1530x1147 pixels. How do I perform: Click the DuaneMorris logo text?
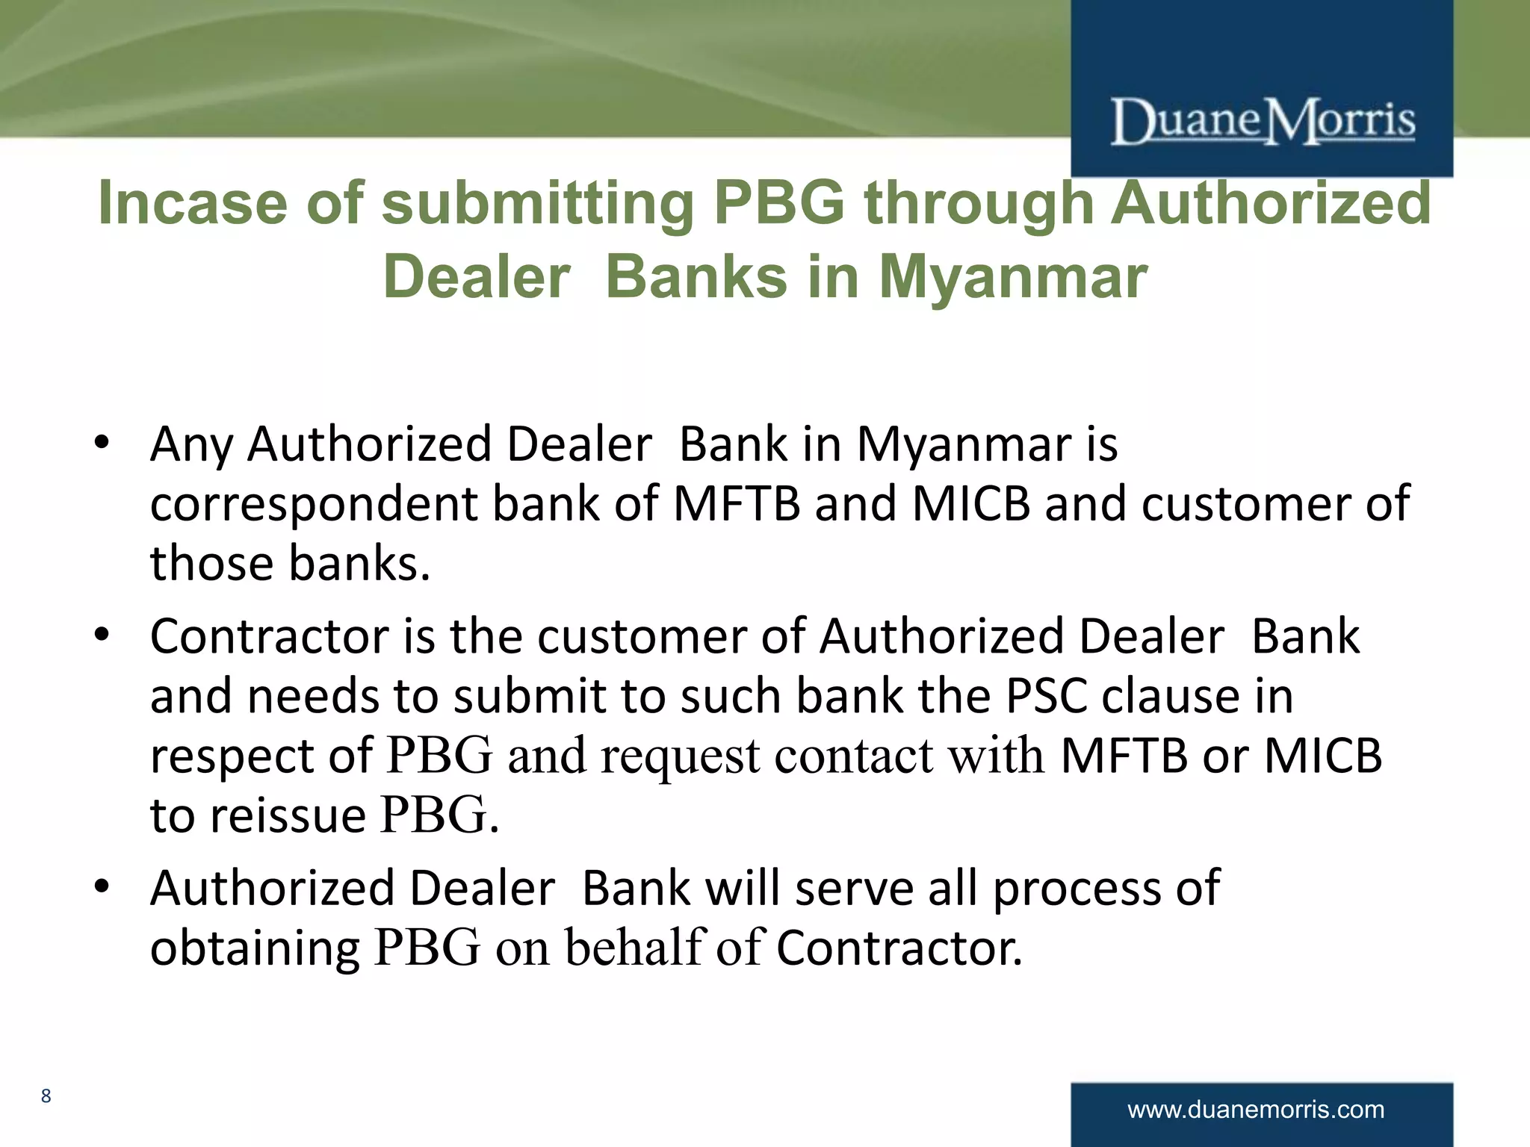point(1263,121)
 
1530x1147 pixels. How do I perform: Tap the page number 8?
point(46,1095)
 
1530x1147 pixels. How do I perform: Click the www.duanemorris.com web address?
point(1256,1109)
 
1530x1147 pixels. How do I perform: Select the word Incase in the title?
point(193,203)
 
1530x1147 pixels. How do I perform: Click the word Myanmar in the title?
point(1012,277)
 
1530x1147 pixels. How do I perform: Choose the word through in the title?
point(979,203)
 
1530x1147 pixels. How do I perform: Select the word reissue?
point(288,815)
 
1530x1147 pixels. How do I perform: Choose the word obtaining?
point(255,948)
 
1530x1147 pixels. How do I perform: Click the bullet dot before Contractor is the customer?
point(102,636)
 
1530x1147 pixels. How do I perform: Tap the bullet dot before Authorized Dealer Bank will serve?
point(102,887)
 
